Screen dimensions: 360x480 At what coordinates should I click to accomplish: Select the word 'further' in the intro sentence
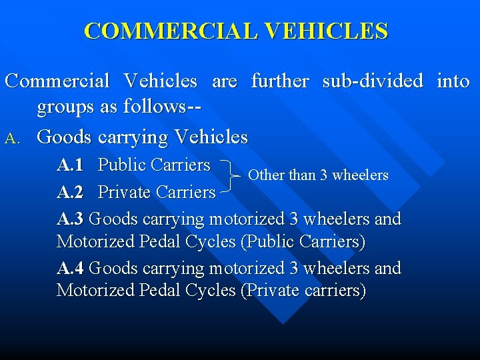[280, 81]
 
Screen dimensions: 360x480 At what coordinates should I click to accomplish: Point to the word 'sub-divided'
[373, 81]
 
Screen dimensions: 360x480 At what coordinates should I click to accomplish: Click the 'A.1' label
[70, 165]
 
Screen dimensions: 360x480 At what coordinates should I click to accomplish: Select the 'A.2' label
[70, 193]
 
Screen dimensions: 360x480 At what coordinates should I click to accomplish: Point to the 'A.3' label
[70, 219]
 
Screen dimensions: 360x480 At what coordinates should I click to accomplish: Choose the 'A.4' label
[70, 268]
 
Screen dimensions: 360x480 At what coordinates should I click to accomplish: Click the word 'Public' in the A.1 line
[122, 165]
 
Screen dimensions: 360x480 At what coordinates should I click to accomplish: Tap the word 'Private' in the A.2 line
[124, 193]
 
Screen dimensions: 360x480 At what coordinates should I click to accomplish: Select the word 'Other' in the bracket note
[265, 175]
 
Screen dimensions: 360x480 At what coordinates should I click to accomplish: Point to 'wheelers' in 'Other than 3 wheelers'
[360, 175]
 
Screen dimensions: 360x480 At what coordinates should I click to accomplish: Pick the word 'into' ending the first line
[453, 81]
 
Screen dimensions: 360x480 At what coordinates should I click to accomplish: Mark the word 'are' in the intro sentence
[224, 81]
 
